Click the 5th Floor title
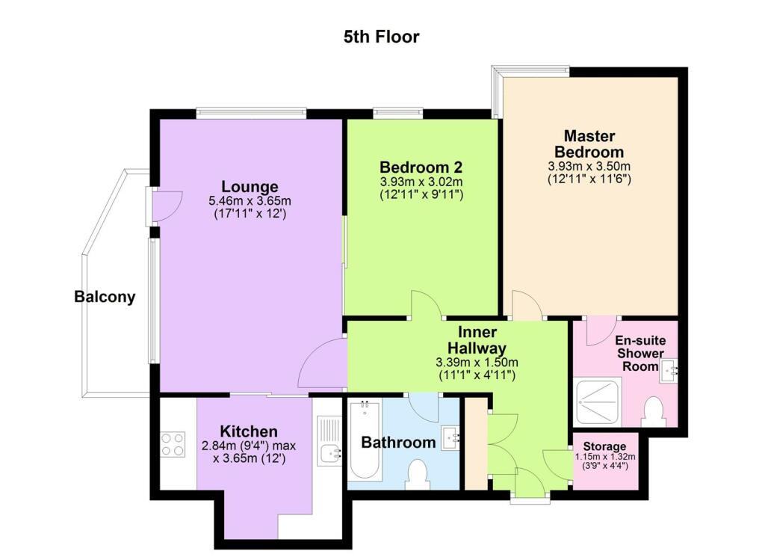coord(382,37)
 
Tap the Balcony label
coord(105,297)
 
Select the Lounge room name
coord(250,186)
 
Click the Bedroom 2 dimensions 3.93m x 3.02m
coord(421,181)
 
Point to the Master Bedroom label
coord(589,144)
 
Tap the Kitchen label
coord(249,431)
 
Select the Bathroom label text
coord(398,442)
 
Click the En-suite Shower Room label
coord(639,353)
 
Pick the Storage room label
coord(605,446)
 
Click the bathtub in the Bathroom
coord(365,441)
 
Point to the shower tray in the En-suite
coord(597,403)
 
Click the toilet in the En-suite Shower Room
coord(654,412)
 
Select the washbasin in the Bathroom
coord(450,438)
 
